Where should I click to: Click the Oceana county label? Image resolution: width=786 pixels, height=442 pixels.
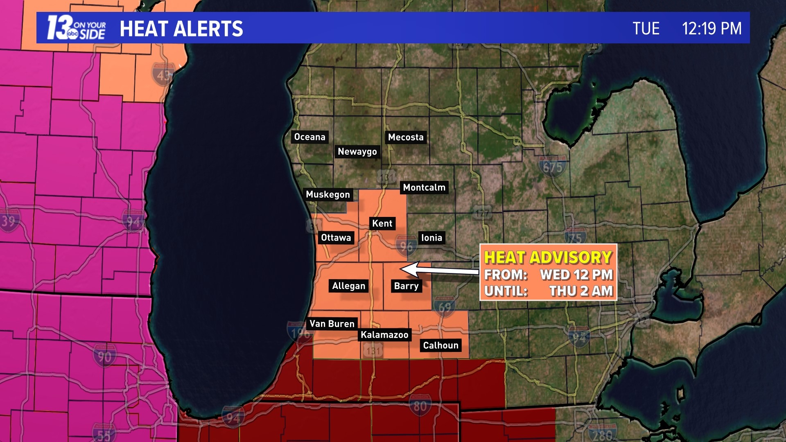click(x=309, y=137)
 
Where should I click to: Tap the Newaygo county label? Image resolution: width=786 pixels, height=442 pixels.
click(x=357, y=151)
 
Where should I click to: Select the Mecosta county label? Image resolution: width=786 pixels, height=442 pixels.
click(x=406, y=137)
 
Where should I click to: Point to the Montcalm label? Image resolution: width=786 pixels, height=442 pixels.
click(x=424, y=187)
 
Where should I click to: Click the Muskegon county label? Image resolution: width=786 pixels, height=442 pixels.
click(x=328, y=194)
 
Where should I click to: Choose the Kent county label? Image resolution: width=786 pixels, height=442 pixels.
click(x=382, y=223)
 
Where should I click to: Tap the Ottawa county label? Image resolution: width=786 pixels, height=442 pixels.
click(x=336, y=238)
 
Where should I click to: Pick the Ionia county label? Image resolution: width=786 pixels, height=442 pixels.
click(x=431, y=238)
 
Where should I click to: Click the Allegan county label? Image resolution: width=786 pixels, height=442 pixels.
click(x=348, y=286)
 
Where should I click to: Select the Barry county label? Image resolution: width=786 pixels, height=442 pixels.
click(x=406, y=286)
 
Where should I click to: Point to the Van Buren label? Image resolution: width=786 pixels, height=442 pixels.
click(x=332, y=324)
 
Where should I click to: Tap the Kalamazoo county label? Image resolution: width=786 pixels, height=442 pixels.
click(x=384, y=335)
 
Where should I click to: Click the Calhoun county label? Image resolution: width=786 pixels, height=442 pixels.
click(x=440, y=345)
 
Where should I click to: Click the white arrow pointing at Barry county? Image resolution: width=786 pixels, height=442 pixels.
click(x=438, y=270)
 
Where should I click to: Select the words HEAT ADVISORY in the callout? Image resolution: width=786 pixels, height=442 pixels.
click(x=548, y=257)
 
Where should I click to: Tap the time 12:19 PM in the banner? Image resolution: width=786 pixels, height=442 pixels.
click(x=711, y=29)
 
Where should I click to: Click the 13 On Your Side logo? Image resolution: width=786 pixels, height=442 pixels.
click(x=76, y=28)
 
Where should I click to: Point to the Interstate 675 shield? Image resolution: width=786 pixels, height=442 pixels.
click(x=553, y=167)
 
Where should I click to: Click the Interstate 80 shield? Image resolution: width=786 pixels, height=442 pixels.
click(x=420, y=406)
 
